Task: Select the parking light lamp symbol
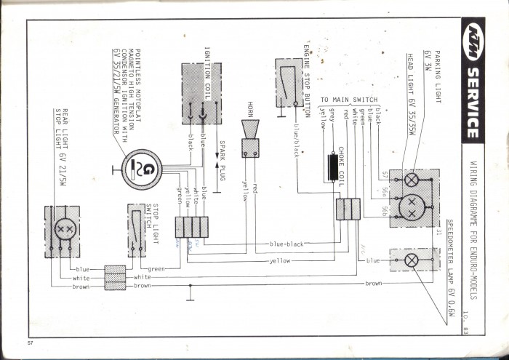(412, 179)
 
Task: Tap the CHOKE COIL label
(340, 167)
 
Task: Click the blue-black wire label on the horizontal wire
(286, 244)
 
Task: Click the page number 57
(30, 342)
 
